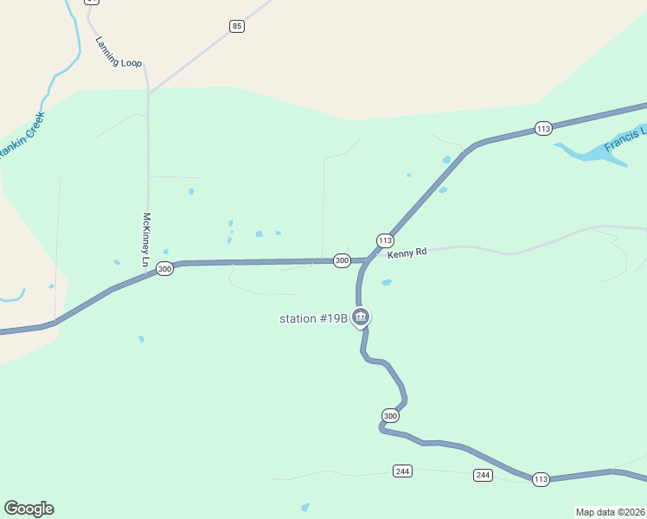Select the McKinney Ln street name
click(146, 240)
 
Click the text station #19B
click(313, 318)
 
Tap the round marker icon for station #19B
click(362, 317)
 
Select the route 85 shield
click(237, 27)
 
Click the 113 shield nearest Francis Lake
click(543, 129)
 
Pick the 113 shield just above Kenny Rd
click(385, 240)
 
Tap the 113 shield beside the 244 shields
click(541, 479)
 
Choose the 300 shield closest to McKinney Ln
click(164, 270)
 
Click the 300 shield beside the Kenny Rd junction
click(342, 260)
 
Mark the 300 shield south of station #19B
click(390, 416)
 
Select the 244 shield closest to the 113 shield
click(483, 475)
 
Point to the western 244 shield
click(402, 471)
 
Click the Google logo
click(29, 509)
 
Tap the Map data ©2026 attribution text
click(610, 512)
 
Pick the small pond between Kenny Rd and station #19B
click(386, 282)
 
